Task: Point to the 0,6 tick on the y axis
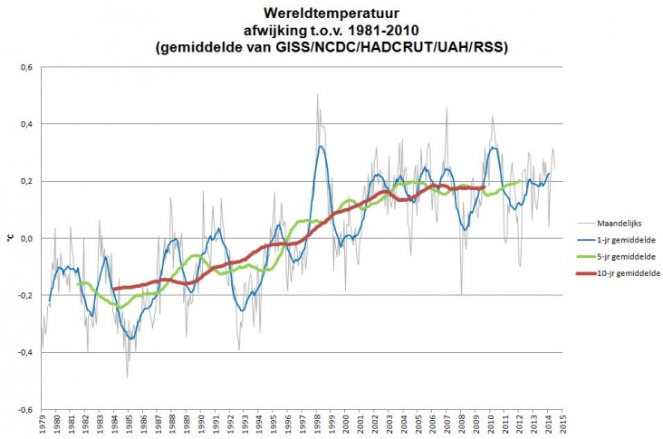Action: coord(26,67)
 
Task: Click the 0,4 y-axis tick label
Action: coord(26,124)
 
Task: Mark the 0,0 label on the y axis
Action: coord(26,238)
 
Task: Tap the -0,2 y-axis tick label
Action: coord(25,295)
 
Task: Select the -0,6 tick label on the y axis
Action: coord(25,409)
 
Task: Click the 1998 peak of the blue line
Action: coord(321,147)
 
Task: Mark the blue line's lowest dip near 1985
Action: coord(131,339)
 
